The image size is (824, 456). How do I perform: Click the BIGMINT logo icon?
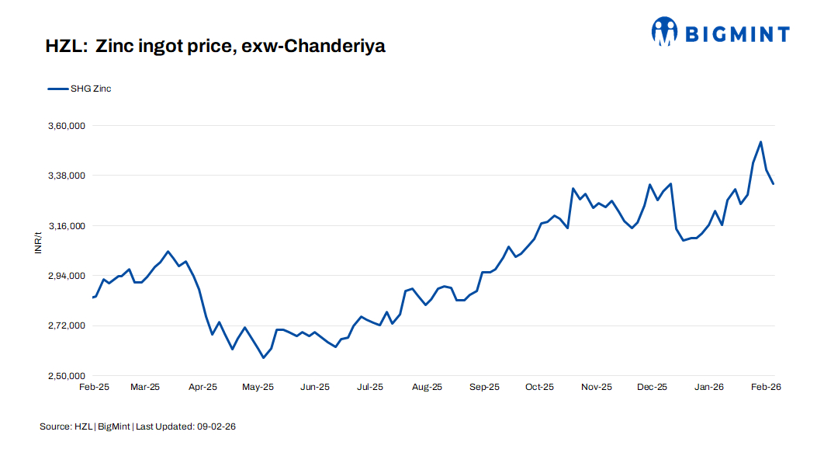coord(665,32)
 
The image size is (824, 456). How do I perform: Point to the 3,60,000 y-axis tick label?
coord(65,126)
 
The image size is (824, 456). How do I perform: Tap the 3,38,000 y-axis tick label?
coord(65,176)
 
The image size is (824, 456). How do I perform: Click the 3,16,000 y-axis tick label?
coord(65,226)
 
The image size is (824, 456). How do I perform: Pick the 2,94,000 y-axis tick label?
coord(65,276)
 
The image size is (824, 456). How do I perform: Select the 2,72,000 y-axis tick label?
coord(65,326)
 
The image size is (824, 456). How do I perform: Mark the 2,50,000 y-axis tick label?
coord(65,376)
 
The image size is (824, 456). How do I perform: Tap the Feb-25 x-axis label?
coord(94,387)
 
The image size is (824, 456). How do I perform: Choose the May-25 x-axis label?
coord(258,387)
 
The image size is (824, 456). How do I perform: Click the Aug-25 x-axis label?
coord(427,387)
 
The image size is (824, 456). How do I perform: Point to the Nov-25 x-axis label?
coord(597,387)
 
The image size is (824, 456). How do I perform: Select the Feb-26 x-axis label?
coord(766,387)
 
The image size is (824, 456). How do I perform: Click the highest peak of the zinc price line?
coord(760,142)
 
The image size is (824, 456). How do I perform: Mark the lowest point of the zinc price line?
coord(264,357)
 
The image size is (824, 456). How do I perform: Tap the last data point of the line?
coord(774,183)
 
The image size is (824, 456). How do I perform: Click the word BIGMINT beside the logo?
coord(736,33)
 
